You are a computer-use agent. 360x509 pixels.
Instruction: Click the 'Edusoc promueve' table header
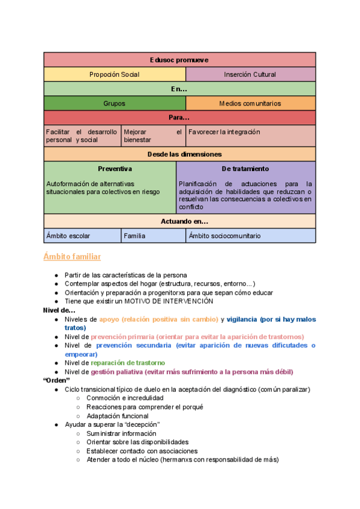coord(179,60)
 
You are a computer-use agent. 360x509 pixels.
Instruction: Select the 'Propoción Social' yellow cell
coord(115,74)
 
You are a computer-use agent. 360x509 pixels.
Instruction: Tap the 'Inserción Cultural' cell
coord(250,74)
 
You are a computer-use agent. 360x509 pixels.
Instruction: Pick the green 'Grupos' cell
coord(115,103)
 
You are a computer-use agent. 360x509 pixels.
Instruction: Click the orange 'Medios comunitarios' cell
coord(250,103)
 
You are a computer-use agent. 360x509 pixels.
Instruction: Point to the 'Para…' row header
coord(179,118)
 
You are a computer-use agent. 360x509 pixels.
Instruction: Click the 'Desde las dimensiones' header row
coord(179,154)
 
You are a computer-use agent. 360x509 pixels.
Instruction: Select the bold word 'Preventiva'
coord(115,169)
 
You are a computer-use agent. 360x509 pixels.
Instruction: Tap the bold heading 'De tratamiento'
coord(245,169)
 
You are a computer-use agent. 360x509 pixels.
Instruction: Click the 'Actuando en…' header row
coord(179,221)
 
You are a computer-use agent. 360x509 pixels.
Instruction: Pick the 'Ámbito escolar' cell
coord(68,236)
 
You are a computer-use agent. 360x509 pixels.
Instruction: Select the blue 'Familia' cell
coord(135,236)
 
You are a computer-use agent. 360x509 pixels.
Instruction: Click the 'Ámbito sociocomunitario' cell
coord(225,236)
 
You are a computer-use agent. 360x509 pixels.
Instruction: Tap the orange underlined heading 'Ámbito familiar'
coord(72,257)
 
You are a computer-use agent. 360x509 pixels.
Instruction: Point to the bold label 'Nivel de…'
coord(59,310)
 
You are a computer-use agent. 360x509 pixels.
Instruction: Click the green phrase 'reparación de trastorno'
coord(128,363)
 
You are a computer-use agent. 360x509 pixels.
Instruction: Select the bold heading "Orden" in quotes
coord(57,381)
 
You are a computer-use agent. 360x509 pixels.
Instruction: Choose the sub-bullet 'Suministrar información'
coord(121,433)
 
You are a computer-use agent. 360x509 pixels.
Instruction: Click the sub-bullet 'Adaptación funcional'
coord(118,416)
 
